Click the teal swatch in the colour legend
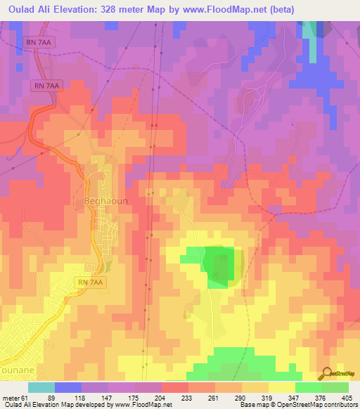pyautogui.click(x=41, y=387)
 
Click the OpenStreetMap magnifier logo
pyautogui.click(x=326, y=373)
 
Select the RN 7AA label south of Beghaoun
pyautogui.click(x=90, y=282)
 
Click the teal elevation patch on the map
pyautogui.click(x=310, y=29)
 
